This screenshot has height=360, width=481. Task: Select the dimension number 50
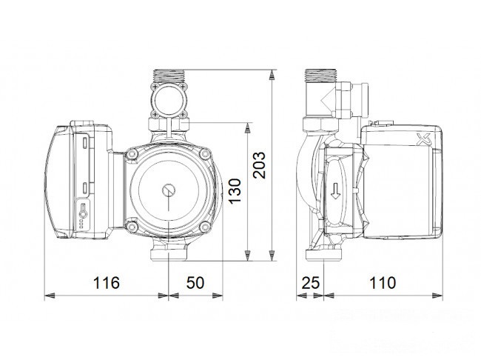195,283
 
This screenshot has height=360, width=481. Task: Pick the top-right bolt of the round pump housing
203,154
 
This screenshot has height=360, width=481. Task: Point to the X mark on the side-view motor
424,139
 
